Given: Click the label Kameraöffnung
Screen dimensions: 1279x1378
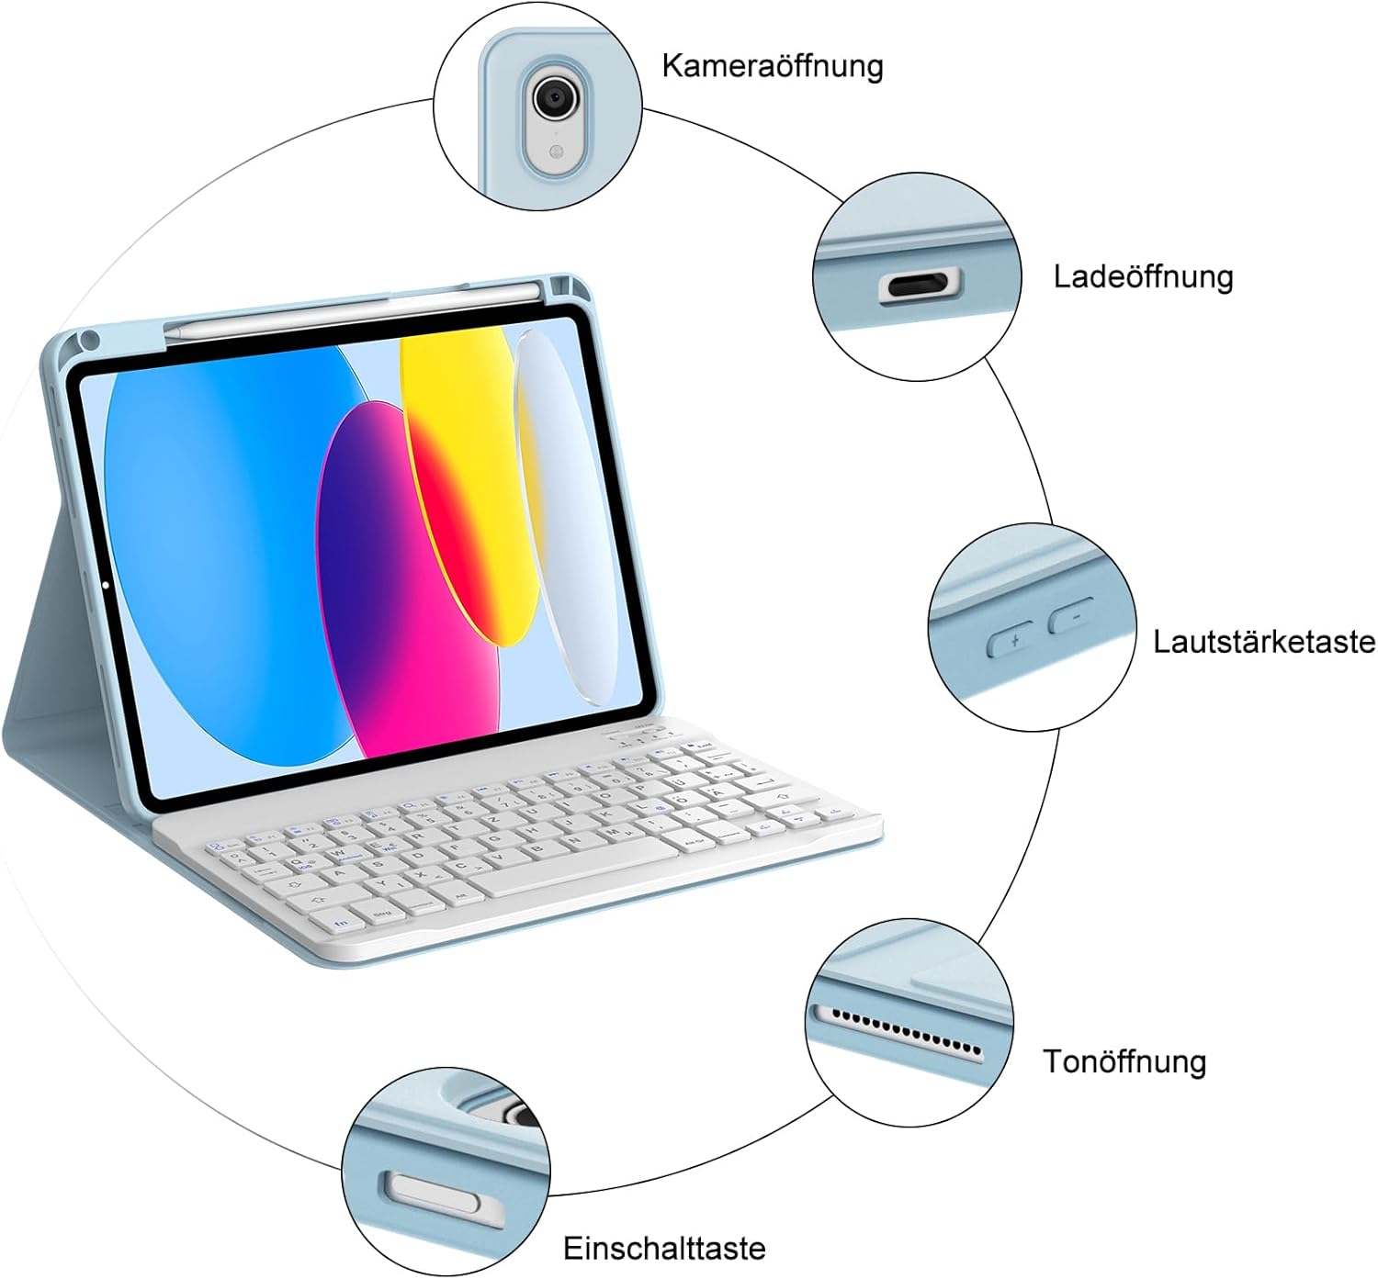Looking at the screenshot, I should point(772,66).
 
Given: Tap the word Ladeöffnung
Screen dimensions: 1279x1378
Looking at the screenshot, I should point(1143,276).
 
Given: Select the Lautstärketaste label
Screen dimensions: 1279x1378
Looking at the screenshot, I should point(1264,641).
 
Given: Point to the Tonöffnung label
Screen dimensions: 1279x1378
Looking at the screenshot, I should point(1124,1061).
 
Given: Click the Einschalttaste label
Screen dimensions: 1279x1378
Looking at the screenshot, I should point(664,1249).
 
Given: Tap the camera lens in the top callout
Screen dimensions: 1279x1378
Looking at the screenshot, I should point(553,95).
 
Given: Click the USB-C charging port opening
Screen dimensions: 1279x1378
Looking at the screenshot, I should point(921,286).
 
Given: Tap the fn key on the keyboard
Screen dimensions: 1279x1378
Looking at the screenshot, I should point(342,922).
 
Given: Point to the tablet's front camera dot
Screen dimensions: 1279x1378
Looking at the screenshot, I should point(107,584).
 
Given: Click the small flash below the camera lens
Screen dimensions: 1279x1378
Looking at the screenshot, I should point(553,151).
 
